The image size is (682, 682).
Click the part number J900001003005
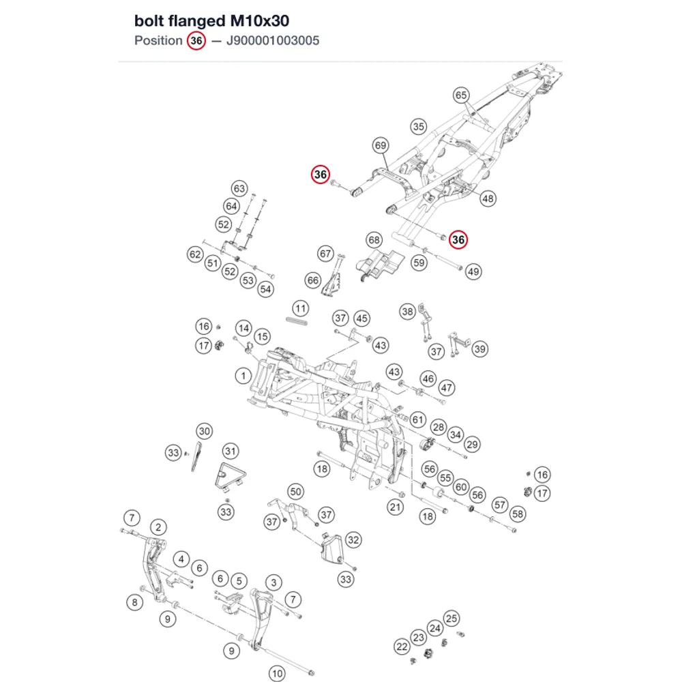pyautogui.click(x=273, y=40)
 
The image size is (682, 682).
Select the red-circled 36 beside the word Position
pyautogui.click(x=196, y=40)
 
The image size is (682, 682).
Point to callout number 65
pyautogui.click(x=461, y=95)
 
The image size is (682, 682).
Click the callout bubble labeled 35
pyautogui.click(x=419, y=127)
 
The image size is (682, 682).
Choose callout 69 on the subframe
pyautogui.click(x=381, y=145)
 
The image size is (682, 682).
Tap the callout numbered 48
pyautogui.click(x=488, y=198)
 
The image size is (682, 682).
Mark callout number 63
pyautogui.click(x=239, y=189)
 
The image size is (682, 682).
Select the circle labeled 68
pyautogui.click(x=374, y=239)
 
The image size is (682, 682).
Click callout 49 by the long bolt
pyautogui.click(x=473, y=272)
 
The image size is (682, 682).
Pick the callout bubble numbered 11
pyautogui.click(x=301, y=309)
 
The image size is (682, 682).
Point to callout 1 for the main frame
pyautogui.click(x=243, y=375)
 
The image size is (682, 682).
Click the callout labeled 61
pyautogui.click(x=418, y=419)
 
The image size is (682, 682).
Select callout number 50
pyautogui.click(x=295, y=492)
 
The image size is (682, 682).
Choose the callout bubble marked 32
pyautogui.click(x=353, y=540)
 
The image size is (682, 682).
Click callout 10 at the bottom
pyautogui.click(x=277, y=673)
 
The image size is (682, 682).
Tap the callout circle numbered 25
pyautogui.click(x=451, y=619)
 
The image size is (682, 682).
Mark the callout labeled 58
pyautogui.click(x=518, y=514)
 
